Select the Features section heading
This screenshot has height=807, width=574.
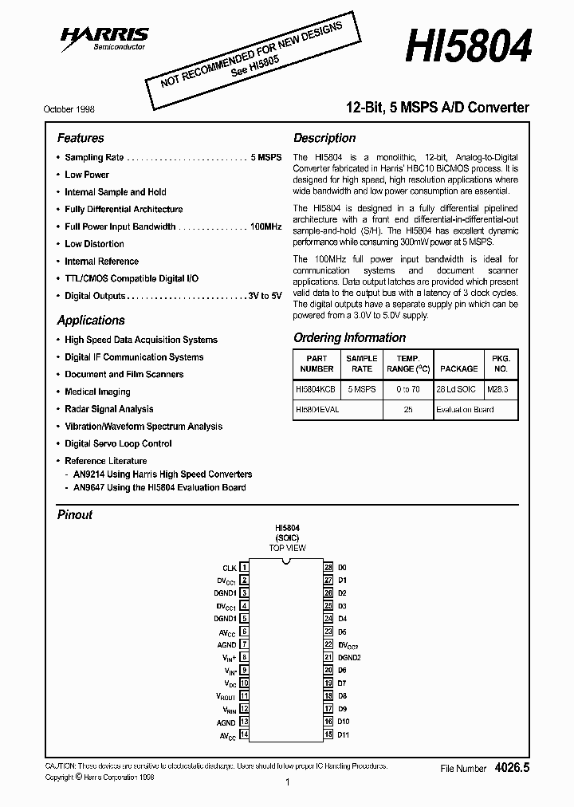(x=81, y=138)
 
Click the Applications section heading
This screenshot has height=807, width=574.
(x=91, y=321)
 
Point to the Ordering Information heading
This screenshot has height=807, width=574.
(x=349, y=337)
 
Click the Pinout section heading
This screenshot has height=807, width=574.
(x=75, y=515)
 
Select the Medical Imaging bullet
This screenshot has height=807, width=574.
(x=97, y=392)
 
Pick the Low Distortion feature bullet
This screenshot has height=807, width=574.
(x=94, y=244)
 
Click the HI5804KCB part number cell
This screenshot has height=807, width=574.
(x=316, y=388)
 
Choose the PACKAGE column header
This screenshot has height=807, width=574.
(x=458, y=368)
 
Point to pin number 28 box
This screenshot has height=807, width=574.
(x=328, y=567)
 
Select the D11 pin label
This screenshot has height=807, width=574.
(x=344, y=734)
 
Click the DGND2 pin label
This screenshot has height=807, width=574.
(x=349, y=657)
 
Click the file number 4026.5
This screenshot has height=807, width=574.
(x=512, y=767)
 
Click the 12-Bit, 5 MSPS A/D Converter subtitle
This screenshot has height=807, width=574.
(x=436, y=108)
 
